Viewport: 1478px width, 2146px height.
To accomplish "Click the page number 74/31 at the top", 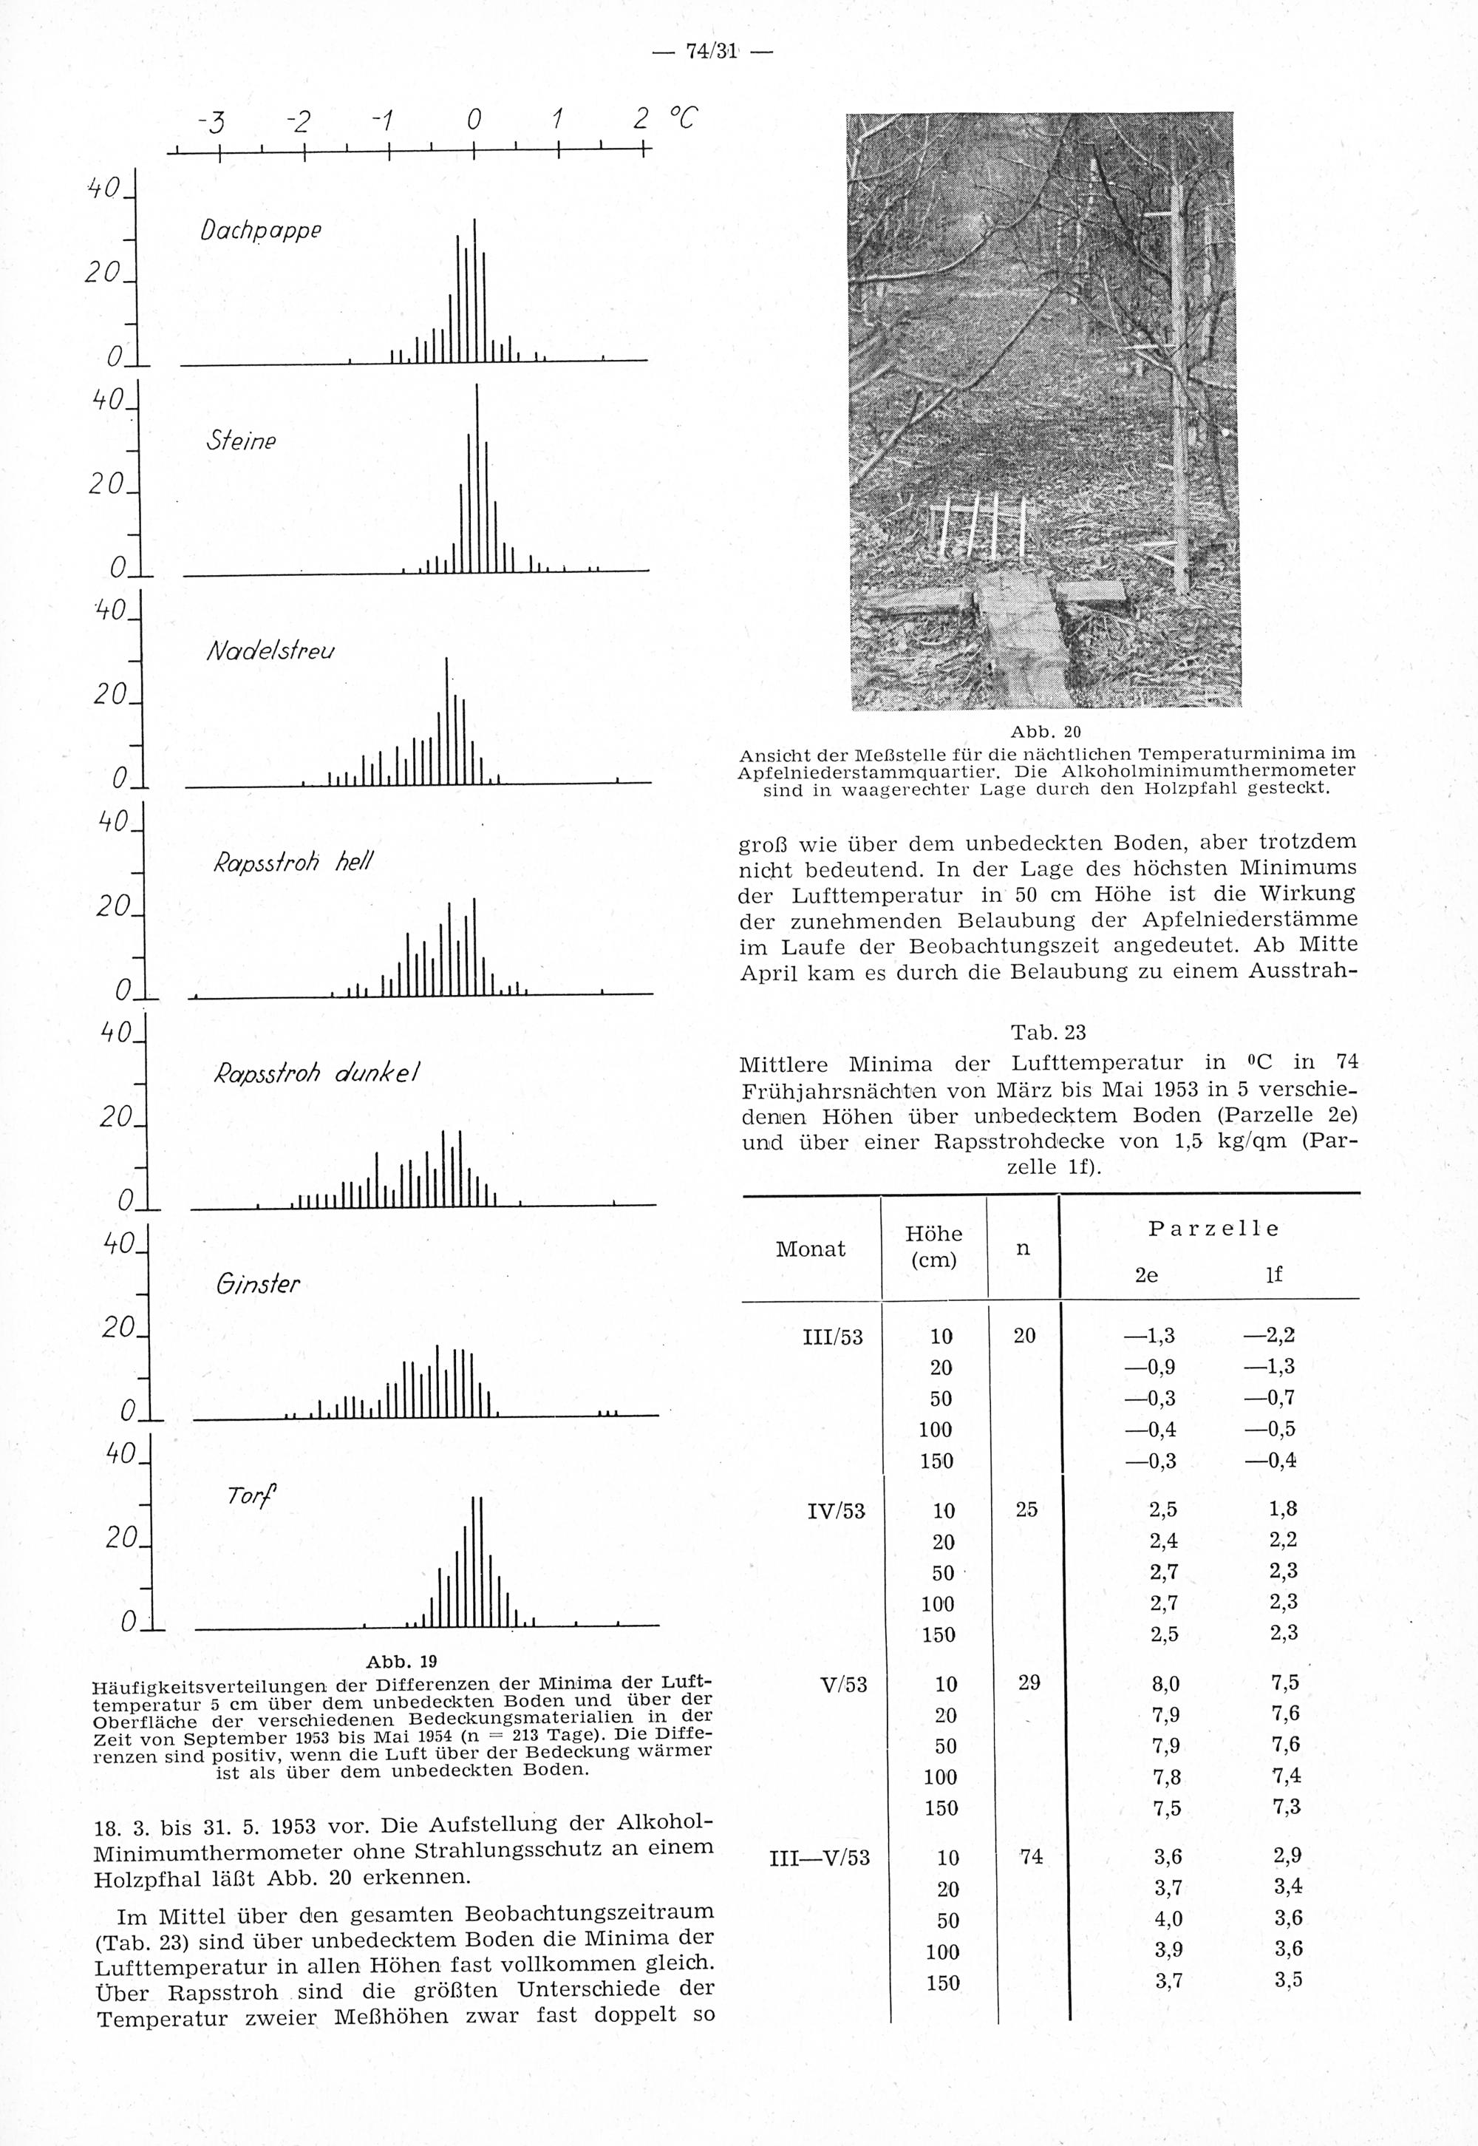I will (710, 52).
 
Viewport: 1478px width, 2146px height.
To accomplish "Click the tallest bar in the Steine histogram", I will (477, 477).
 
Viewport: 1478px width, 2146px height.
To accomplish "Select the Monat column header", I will (810, 1249).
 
